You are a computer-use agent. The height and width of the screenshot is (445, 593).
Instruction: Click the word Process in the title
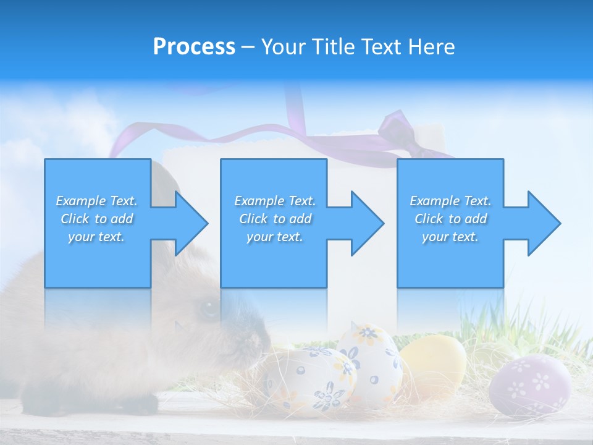[x=194, y=47]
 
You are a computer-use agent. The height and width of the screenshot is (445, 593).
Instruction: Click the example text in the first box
[x=96, y=219]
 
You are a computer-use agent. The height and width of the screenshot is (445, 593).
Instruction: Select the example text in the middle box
[x=275, y=219]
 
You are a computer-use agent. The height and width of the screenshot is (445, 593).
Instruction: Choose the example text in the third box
[x=450, y=219]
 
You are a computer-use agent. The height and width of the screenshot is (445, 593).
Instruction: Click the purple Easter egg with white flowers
[x=529, y=386]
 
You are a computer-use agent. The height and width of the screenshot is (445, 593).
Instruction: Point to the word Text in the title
[x=382, y=47]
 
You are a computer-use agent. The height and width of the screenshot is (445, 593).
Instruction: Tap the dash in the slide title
[x=248, y=47]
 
